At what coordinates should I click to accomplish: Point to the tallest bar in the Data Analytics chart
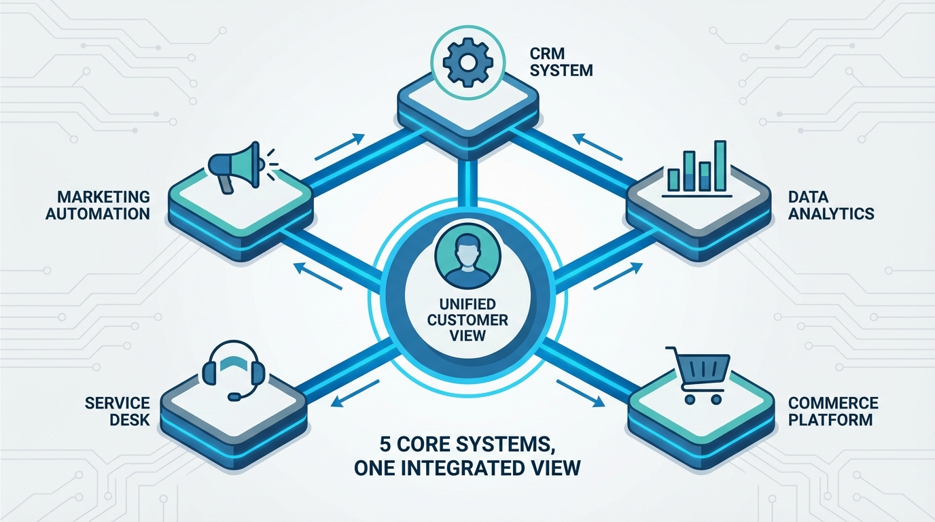pos(720,165)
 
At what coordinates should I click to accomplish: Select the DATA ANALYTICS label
pos(830,205)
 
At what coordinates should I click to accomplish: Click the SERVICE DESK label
pos(117,411)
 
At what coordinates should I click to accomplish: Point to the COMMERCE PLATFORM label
pos(832,411)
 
